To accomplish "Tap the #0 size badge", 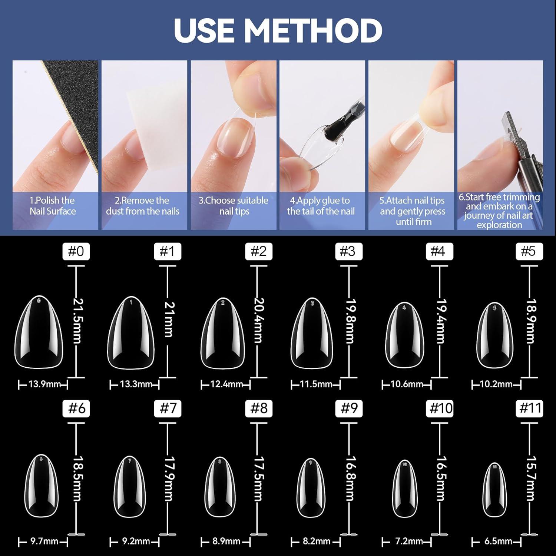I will click(76, 252).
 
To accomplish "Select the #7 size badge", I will click(168, 408).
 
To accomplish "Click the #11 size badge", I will click(530, 408).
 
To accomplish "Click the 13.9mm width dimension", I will click(44, 384).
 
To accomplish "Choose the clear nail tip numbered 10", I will click(404, 489).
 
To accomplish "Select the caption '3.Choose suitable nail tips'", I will click(234, 206).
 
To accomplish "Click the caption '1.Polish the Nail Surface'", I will click(53, 206).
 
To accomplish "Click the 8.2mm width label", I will click(316, 542).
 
